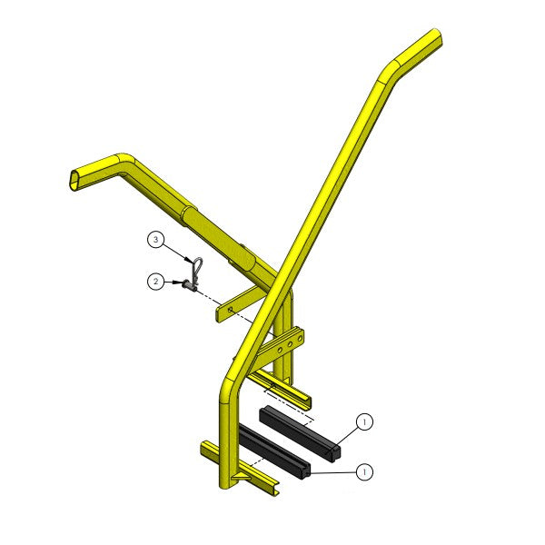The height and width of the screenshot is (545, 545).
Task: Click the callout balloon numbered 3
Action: [x=156, y=240]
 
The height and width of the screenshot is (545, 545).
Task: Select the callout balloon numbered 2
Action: [x=156, y=282]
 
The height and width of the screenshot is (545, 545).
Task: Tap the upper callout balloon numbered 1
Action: [x=364, y=421]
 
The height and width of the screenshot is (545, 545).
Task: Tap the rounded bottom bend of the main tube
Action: [x=228, y=386]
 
